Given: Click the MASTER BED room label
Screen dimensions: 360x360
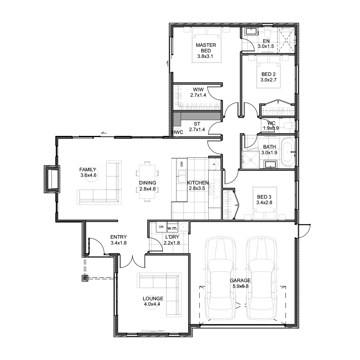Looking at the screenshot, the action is (206, 48).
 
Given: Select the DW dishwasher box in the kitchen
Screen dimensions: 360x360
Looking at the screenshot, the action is (182, 164).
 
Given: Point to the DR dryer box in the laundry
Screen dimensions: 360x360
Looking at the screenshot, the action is (161, 227).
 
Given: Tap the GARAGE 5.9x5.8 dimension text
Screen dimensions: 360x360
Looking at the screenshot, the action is (240, 286).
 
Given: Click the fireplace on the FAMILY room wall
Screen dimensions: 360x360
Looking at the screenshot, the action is (52, 179).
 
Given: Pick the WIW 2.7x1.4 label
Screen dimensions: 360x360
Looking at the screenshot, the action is (198, 92).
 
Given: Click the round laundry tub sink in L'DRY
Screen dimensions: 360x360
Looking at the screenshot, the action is (184, 227).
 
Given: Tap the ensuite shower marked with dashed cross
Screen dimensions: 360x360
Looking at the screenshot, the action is (286, 40).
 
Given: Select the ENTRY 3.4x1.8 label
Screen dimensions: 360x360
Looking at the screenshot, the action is (118, 240).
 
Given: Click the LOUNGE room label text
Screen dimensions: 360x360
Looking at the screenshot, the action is (153, 298).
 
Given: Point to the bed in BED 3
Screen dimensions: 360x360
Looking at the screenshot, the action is (265, 203).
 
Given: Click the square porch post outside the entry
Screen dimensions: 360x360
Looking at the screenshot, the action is (85, 278).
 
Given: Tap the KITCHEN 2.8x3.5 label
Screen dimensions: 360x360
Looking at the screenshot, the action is (198, 185).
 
